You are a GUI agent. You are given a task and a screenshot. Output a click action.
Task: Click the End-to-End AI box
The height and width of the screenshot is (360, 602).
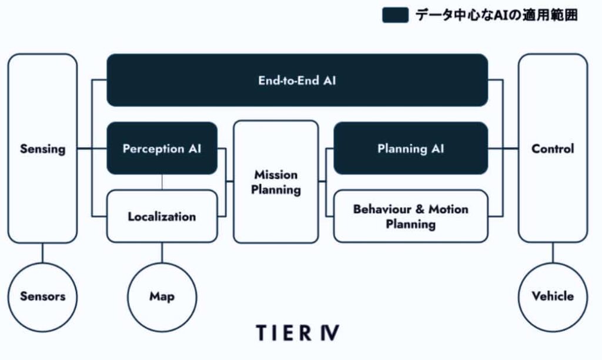tap(297, 80)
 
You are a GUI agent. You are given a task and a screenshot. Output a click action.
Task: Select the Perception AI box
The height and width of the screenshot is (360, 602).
tap(162, 148)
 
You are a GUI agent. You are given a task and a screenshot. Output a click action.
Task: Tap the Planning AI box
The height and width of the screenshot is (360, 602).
tap(410, 148)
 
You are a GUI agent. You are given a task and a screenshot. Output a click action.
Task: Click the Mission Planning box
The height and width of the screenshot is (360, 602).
tap(276, 182)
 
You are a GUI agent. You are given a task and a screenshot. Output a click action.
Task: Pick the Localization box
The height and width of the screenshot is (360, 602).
tap(162, 216)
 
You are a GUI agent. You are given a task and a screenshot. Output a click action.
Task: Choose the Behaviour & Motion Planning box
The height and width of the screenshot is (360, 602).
tap(410, 216)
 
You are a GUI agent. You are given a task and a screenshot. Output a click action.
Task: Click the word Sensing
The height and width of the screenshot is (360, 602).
tap(42, 148)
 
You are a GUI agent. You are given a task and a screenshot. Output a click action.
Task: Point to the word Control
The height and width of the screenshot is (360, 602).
tap(553, 148)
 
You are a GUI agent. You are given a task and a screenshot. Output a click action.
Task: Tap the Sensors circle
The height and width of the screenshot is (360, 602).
tap(42, 296)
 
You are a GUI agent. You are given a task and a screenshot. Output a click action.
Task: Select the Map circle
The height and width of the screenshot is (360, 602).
tap(162, 296)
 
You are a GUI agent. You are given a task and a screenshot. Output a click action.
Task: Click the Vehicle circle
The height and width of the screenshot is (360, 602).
tap(553, 296)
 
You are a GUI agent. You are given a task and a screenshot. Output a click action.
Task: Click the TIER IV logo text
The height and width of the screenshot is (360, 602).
tap(297, 332)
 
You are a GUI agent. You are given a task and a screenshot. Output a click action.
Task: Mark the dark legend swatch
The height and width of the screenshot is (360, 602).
tap(395, 15)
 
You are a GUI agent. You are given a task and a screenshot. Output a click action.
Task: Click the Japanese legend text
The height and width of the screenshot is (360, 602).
tap(496, 15)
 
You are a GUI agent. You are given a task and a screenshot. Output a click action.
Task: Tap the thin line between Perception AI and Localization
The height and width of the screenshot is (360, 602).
tap(162, 182)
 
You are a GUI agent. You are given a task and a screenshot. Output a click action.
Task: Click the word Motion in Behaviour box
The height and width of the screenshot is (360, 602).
tap(448, 209)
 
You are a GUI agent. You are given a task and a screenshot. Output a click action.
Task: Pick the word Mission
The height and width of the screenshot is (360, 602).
tap(276, 175)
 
